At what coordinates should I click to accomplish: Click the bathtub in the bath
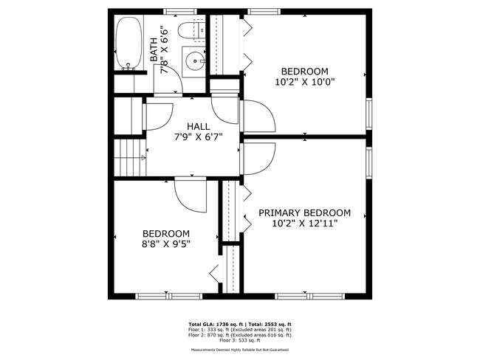(129, 44)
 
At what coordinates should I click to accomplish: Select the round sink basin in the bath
(196, 62)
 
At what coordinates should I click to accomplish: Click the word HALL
(198, 126)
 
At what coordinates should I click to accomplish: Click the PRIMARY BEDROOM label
(304, 212)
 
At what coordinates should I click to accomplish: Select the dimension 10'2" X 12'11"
(304, 223)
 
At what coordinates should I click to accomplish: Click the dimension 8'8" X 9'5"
(165, 243)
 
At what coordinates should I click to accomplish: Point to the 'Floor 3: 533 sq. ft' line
(239, 340)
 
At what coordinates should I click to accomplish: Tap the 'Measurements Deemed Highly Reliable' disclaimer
(239, 350)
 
